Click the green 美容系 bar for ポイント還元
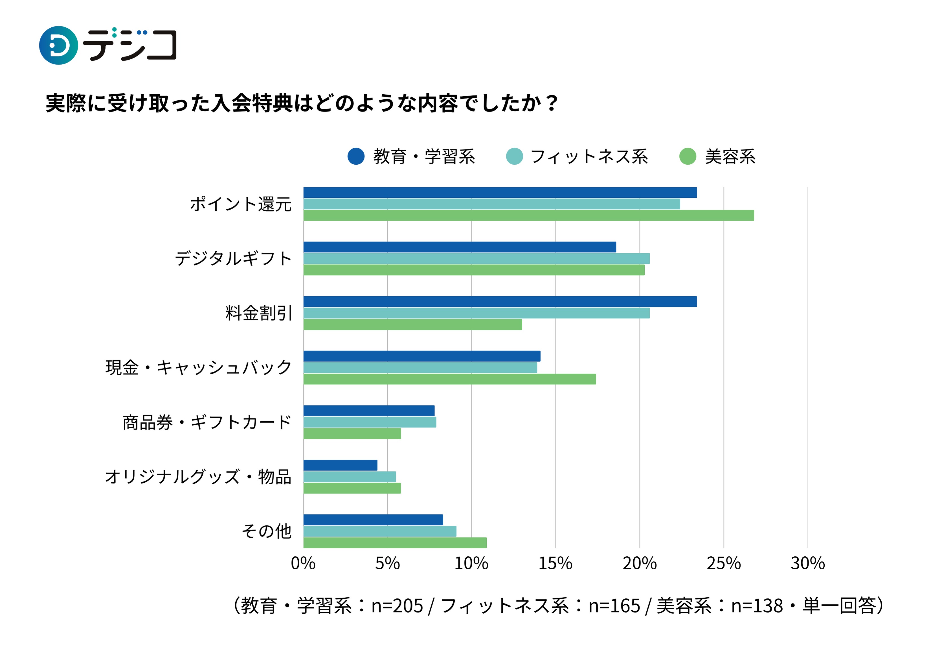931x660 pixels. pos(528,215)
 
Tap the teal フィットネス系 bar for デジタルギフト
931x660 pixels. pos(476,258)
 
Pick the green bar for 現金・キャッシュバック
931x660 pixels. pos(449,379)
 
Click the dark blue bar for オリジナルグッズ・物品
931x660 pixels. pos(340,465)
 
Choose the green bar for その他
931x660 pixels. pos(395,543)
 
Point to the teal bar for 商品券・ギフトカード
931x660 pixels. pos(370,422)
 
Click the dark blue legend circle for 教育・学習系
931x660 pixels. pos(356,156)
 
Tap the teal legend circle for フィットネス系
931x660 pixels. pos(514,156)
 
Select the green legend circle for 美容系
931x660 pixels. pos(688,156)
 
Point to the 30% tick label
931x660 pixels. pos(807,564)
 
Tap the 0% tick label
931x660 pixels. pos(303,564)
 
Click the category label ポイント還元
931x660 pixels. pos(241,204)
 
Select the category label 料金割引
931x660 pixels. pos(259,313)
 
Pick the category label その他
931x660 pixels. pos(267,531)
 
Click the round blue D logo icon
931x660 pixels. pos(58,45)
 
